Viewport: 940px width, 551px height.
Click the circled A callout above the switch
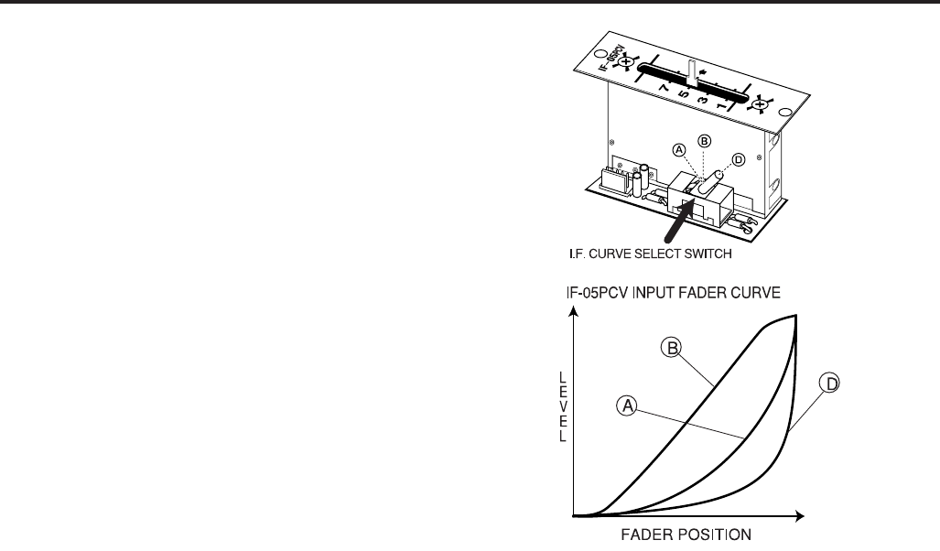point(679,148)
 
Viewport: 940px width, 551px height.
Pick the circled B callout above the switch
point(704,141)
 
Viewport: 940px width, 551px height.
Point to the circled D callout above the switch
point(738,157)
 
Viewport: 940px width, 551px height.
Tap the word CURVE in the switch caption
point(614,253)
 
